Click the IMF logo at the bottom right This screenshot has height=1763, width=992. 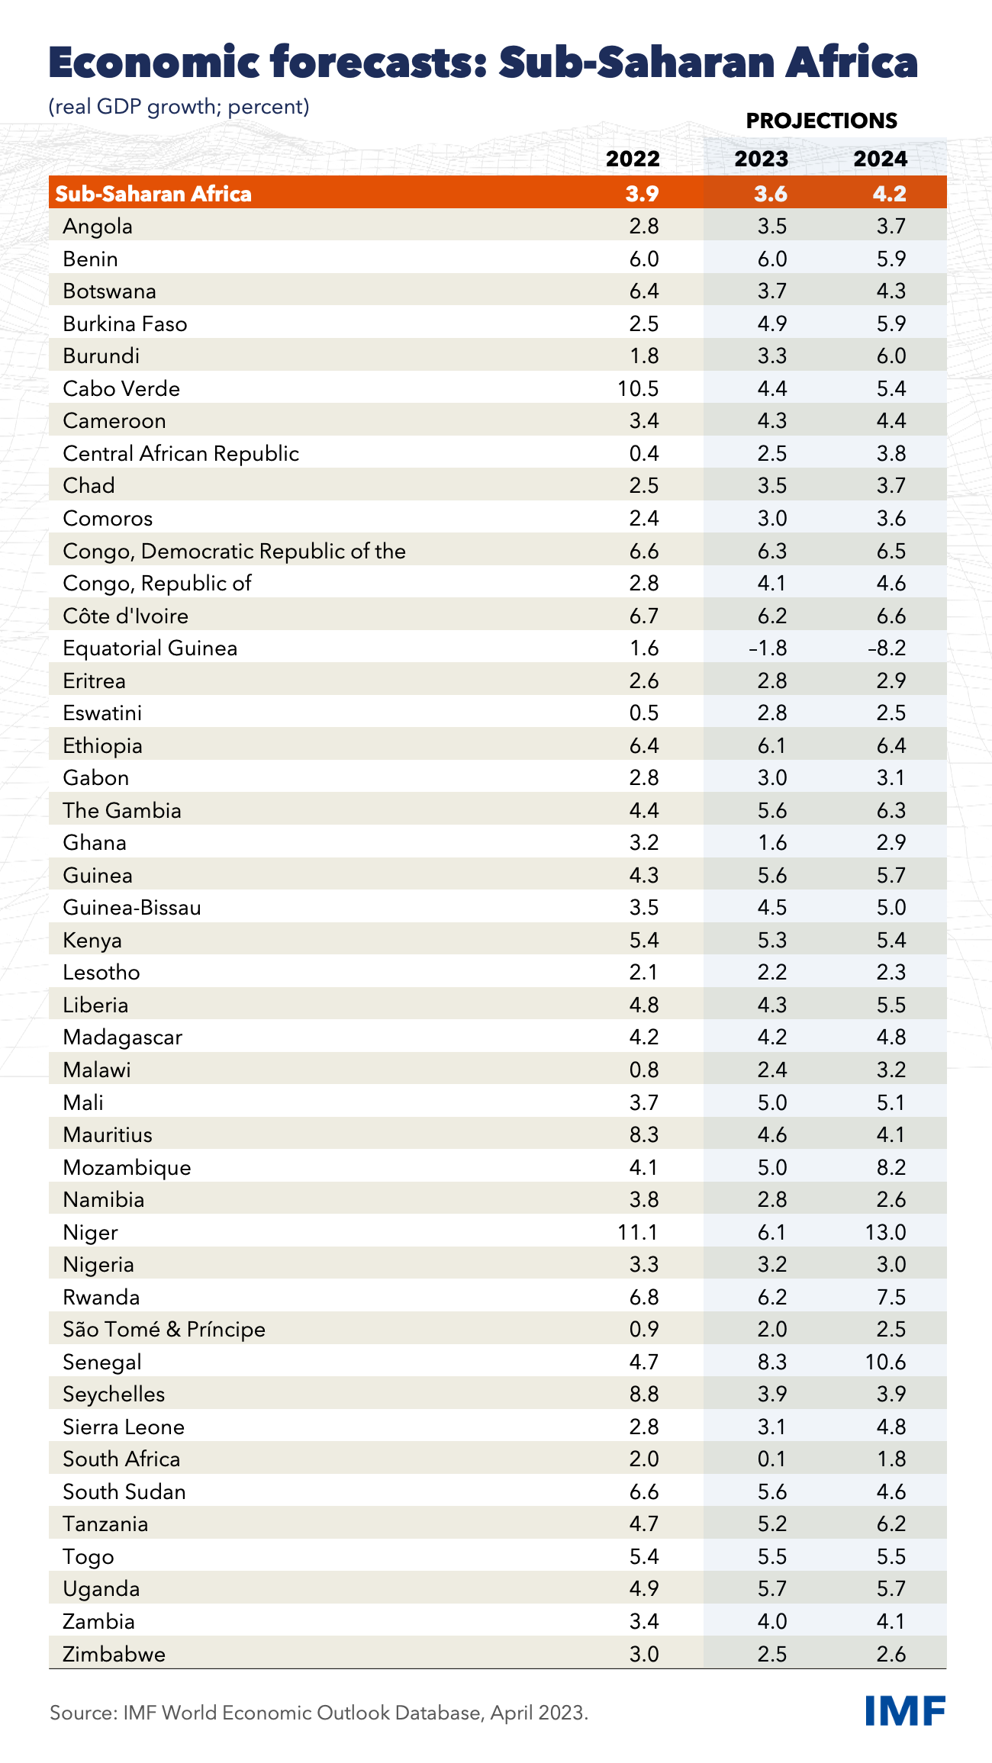(x=905, y=1711)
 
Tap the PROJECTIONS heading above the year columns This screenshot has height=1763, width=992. (x=821, y=121)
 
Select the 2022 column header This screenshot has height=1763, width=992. (x=633, y=159)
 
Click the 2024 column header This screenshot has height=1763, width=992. (x=880, y=159)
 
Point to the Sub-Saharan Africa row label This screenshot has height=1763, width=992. (x=153, y=194)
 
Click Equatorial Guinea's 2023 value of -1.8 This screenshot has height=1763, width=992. (x=767, y=648)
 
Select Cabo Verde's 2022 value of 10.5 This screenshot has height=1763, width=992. (x=638, y=388)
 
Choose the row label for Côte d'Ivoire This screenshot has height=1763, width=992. (x=125, y=616)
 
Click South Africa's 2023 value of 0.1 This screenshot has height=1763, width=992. (x=771, y=1459)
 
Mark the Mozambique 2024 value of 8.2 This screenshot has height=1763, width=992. (x=891, y=1167)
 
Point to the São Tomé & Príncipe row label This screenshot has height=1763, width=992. (x=164, y=1329)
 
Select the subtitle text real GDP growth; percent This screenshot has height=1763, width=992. (x=179, y=106)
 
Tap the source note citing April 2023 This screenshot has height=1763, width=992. (x=319, y=1713)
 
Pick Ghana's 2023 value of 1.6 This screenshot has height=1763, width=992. (x=771, y=842)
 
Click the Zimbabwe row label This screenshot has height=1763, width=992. (x=114, y=1654)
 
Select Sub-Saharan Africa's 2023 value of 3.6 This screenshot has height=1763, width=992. (x=770, y=194)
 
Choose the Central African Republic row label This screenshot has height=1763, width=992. (x=181, y=453)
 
